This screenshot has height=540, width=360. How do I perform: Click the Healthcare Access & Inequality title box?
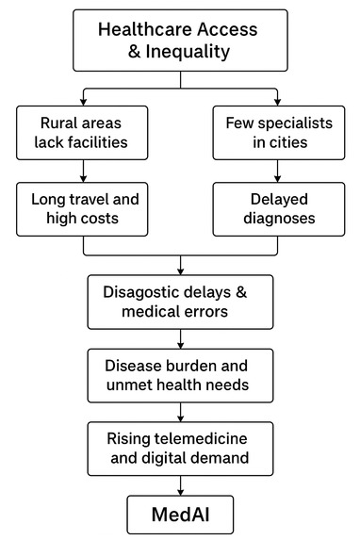(180, 40)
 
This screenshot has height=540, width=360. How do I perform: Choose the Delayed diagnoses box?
(276, 208)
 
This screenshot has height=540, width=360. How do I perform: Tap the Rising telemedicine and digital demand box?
(180, 447)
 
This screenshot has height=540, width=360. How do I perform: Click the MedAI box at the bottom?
(180, 515)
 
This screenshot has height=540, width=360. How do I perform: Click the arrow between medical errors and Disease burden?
(180, 335)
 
